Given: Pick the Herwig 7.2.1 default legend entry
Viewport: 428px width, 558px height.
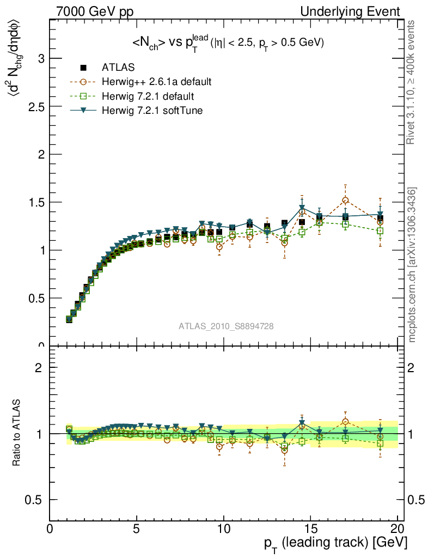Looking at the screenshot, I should coord(148,96).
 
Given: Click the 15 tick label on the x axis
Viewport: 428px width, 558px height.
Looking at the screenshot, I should coord(310,529).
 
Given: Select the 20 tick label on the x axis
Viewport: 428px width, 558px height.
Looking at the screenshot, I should coord(397,529).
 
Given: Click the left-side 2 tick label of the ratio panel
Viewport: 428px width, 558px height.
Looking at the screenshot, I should coord(39,367).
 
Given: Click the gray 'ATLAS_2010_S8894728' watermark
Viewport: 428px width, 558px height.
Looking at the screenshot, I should coord(226,326).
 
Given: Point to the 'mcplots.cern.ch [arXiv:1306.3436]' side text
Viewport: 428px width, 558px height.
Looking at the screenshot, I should coord(412,265).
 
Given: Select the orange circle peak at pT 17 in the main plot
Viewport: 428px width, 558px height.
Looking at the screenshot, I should coord(345,201).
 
